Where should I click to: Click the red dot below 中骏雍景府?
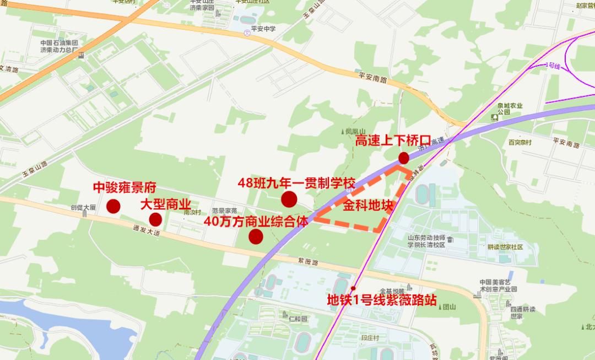pyautogui.click(x=113, y=206)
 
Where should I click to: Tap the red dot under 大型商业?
pyautogui.click(x=155, y=219)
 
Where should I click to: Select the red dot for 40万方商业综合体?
pyautogui.click(x=256, y=237)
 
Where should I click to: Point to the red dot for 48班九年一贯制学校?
pyautogui.click(x=289, y=199)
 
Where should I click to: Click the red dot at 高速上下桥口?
pyautogui.click(x=404, y=158)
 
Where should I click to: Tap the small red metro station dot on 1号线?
pyautogui.click(x=353, y=288)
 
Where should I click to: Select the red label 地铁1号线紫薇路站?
pyautogui.click(x=382, y=300)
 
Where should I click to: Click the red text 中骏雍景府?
pyautogui.click(x=125, y=187)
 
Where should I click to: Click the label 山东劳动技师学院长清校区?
pyautogui.click(x=427, y=241)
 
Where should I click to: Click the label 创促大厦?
pyautogui.click(x=83, y=207)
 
